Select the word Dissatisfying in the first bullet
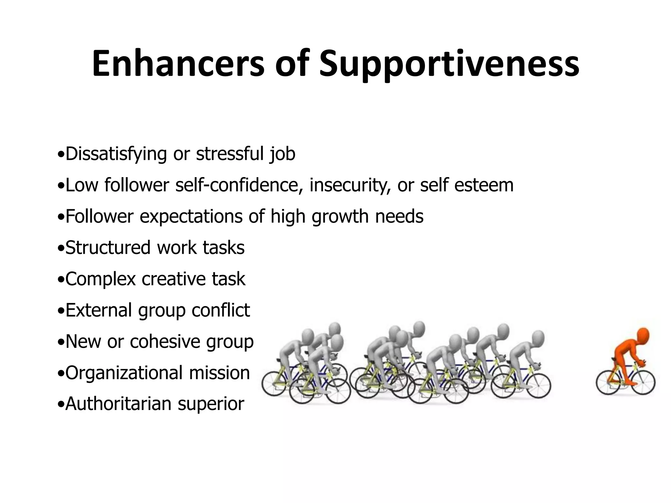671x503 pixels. [x=116, y=154]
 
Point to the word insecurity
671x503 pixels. [x=350, y=185]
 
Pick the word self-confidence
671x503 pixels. [x=239, y=185]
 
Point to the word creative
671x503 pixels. [x=174, y=279]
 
